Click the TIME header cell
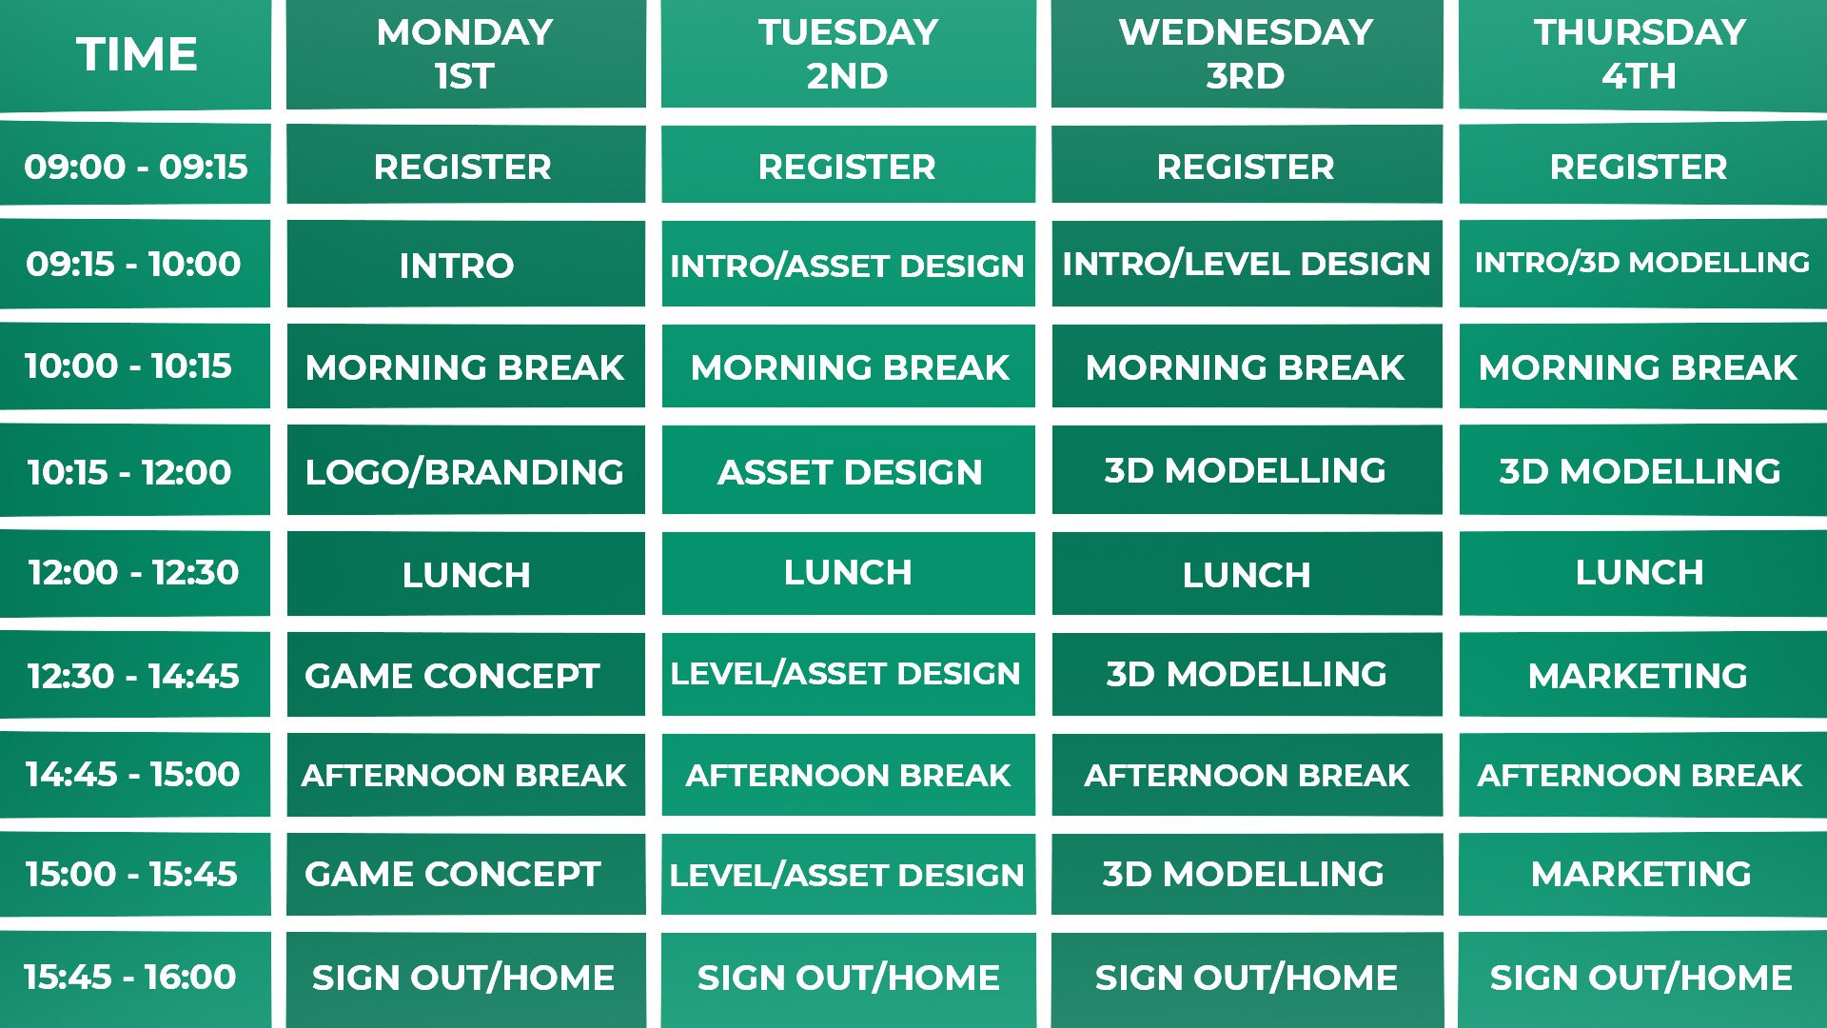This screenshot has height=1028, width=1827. (135, 54)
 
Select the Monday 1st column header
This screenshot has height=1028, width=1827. (465, 54)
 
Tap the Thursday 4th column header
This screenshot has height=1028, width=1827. (1642, 54)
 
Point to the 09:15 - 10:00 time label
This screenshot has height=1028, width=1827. (135, 264)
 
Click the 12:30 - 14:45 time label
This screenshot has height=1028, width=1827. (135, 675)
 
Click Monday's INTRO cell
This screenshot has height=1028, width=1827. (465, 264)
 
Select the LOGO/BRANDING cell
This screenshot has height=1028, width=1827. (465, 470)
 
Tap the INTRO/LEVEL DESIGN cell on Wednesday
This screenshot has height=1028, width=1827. (1247, 264)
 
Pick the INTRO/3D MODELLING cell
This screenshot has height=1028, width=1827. (1642, 264)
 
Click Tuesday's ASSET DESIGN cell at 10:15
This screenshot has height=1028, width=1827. (848, 470)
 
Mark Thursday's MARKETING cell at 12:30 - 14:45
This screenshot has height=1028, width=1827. (1642, 675)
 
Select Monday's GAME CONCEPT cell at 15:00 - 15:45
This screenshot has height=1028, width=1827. (465, 874)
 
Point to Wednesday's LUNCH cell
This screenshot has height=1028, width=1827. (1247, 573)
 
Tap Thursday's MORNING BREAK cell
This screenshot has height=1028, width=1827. (1642, 366)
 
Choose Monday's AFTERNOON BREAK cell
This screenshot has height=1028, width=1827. (465, 774)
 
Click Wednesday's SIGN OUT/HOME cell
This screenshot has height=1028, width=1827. (1247, 979)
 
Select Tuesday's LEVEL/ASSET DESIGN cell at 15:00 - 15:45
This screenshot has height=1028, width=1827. (848, 874)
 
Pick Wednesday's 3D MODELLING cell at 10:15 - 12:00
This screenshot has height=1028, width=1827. (1247, 470)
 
